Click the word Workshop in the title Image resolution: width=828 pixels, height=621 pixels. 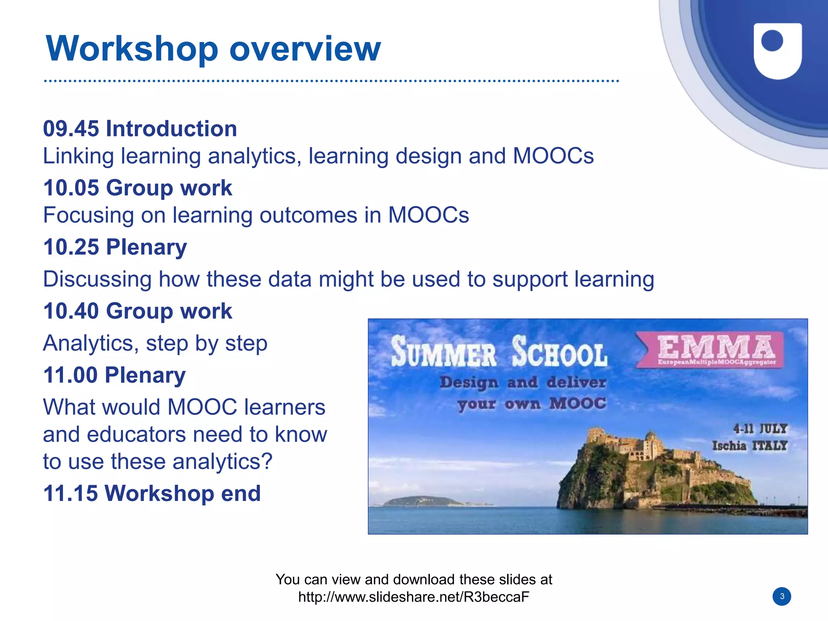coord(132,49)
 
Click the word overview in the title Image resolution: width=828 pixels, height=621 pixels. coord(305,49)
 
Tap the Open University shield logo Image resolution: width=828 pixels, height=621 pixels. coord(777,50)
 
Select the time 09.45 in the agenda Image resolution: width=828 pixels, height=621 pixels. coord(71,129)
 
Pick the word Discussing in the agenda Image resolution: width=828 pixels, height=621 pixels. coord(97,279)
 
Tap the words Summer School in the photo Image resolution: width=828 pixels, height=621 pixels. coord(499,352)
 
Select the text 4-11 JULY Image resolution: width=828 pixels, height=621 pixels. coord(760,429)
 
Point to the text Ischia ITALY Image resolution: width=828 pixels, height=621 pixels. coord(750,446)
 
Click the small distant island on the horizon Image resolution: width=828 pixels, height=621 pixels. coord(422,501)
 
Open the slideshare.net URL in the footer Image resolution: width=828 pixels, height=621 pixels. coord(414,597)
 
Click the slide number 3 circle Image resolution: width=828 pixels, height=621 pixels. coord(782,596)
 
